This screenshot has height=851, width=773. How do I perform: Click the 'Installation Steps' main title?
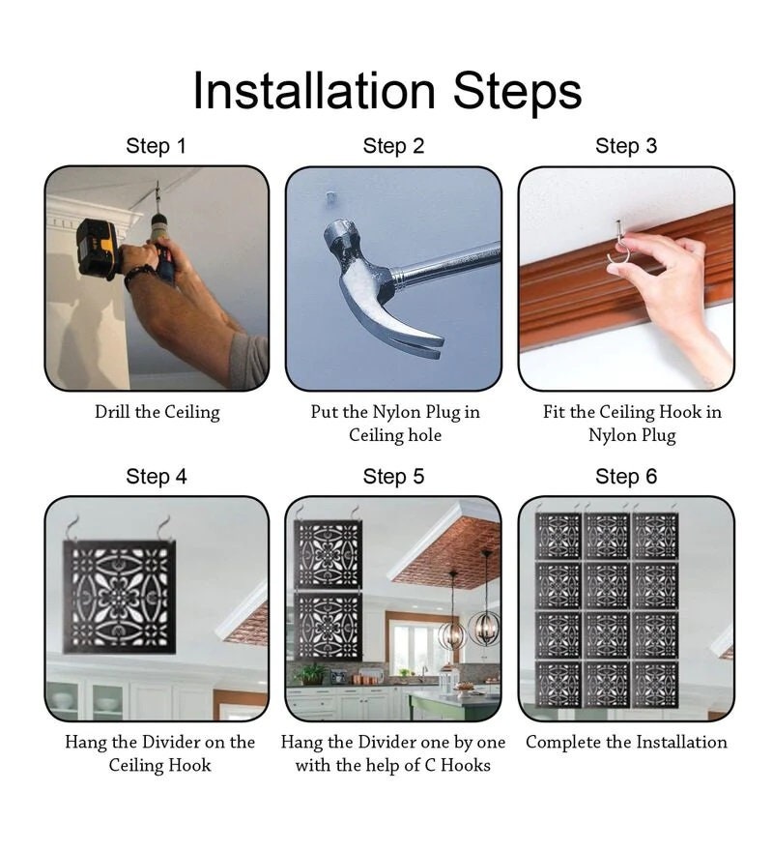tap(387, 91)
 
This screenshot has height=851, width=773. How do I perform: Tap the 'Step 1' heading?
tap(157, 146)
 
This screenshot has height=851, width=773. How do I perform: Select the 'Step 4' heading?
tap(157, 477)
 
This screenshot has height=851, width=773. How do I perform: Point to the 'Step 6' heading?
tap(626, 477)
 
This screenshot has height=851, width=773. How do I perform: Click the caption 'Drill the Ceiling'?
tap(157, 412)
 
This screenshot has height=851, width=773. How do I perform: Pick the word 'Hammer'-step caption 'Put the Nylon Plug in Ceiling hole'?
tap(395, 424)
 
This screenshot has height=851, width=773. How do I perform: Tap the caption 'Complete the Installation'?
tap(626, 742)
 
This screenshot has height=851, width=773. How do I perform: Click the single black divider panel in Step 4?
tap(120, 597)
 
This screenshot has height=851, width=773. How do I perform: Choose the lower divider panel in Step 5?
tap(328, 627)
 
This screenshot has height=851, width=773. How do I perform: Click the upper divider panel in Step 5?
tap(328, 555)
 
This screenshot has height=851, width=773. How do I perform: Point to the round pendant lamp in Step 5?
tap(484, 629)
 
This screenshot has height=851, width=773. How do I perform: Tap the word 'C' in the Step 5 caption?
tap(430, 765)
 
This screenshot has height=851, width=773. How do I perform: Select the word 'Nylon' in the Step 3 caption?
tap(611, 435)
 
